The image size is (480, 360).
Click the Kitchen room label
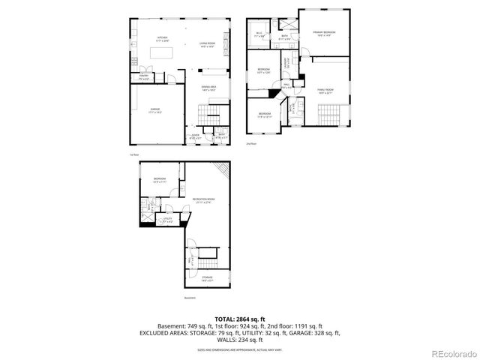pyautogui.click(x=162, y=38)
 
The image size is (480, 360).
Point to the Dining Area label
pyautogui.click(x=208, y=87)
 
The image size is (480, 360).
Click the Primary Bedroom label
pyautogui.click(x=325, y=33)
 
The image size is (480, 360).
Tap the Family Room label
pyautogui.click(x=325, y=91)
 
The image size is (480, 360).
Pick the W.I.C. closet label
pyautogui.click(x=260, y=34)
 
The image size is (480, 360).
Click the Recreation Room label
pyautogui.click(x=203, y=199)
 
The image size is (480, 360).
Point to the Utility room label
pyautogui.click(x=167, y=220)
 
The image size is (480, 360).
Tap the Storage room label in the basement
pyautogui.click(x=207, y=277)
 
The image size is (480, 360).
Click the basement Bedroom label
pyautogui.click(x=159, y=178)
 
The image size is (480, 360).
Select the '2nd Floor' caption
pyautogui.click(x=250, y=143)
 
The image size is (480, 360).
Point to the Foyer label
pyautogui.click(x=194, y=136)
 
